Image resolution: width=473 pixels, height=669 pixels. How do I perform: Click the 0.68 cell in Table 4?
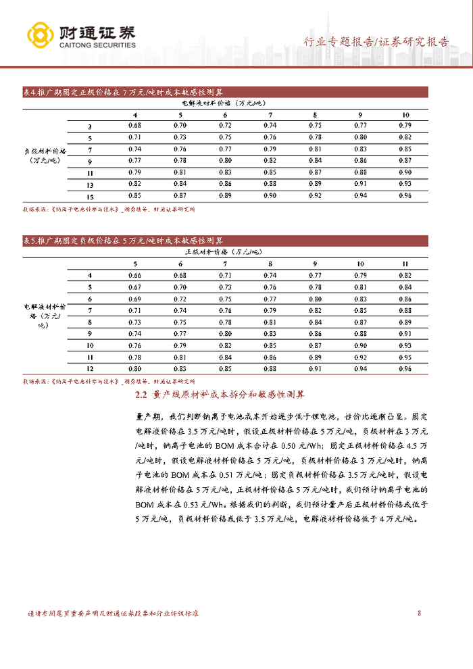(134, 126)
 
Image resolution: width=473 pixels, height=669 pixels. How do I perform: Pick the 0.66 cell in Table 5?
(134, 275)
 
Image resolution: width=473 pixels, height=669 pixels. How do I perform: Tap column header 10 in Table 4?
(405, 115)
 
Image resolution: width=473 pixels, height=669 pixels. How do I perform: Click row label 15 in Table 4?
(90, 196)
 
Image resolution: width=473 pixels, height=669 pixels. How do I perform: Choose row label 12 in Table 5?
(90, 369)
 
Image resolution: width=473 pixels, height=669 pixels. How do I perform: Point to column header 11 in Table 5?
(405, 264)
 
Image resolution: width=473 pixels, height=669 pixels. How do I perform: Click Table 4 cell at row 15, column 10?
(405, 196)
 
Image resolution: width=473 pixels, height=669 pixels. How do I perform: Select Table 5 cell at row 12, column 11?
(405, 369)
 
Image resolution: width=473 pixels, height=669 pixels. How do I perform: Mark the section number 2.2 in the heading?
(141, 394)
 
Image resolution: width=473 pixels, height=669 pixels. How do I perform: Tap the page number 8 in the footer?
(420, 614)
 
